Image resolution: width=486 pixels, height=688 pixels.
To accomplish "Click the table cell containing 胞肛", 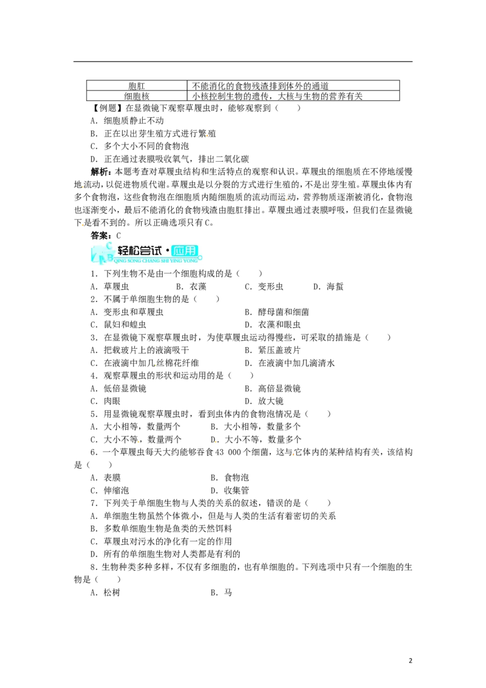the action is pos(137,86).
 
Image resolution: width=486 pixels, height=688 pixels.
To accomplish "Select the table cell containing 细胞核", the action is pos(137,95).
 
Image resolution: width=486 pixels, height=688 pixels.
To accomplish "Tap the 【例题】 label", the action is pos(107,108).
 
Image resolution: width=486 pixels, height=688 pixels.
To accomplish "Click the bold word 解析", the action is pos(100,171).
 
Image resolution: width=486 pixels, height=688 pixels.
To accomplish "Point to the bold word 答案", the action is pos(100,236).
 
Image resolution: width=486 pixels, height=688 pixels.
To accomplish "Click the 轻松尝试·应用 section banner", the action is pos(146,253).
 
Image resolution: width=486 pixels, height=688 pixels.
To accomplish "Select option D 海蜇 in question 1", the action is pos(328,286).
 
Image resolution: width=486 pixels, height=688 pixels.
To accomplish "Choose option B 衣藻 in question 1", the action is pos(191,286).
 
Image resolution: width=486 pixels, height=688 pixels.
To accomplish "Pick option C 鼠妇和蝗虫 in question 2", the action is pos(118,325).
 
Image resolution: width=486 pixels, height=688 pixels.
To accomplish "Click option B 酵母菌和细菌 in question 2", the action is pos(277,312).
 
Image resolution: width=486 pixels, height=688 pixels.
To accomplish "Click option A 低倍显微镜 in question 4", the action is pos(118,388).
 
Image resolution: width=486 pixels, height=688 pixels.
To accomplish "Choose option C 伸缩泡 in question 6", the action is pos(110,490).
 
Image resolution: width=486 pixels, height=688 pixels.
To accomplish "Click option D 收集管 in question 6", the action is pos(230,490).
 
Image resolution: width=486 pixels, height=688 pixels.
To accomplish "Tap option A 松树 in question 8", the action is pos(105,593).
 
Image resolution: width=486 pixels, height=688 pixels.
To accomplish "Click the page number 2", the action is pos(411,661).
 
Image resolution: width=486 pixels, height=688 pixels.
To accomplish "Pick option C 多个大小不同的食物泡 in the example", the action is pos(140,146).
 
